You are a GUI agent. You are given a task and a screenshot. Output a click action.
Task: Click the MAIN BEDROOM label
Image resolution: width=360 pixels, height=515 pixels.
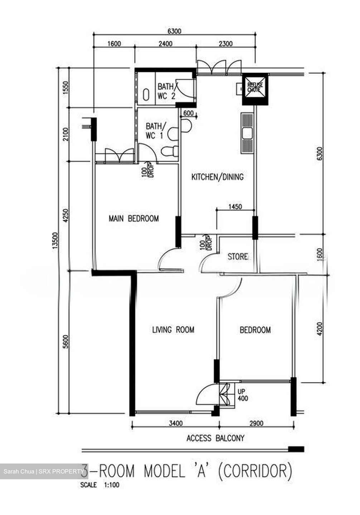[x=133, y=219]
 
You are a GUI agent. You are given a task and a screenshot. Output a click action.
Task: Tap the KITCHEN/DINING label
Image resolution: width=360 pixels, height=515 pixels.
[x=217, y=177]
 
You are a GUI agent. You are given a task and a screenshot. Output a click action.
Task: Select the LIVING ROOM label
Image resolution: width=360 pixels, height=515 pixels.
[x=173, y=330]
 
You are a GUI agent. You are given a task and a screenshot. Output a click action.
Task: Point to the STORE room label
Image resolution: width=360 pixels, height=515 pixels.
[x=238, y=256]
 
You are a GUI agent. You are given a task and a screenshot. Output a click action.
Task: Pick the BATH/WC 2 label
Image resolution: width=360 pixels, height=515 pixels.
[x=166, y=91]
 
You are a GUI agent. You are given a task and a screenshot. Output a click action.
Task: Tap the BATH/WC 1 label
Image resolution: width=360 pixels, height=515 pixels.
[x=156, y=131]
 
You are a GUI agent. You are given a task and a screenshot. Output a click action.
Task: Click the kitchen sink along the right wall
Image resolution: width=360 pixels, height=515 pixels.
[x=247, y=133]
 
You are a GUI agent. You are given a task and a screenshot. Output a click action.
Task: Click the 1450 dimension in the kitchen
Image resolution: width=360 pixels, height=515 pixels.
[x=235, y=207]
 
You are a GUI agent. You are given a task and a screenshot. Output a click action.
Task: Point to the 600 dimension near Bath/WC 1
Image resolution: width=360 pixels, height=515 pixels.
[x=188, y=113]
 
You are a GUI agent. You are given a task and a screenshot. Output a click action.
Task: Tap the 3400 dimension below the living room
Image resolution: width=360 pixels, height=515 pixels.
[x=175, y=423]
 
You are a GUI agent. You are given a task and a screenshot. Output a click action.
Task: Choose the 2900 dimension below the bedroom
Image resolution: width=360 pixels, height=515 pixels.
[x=256, y=423]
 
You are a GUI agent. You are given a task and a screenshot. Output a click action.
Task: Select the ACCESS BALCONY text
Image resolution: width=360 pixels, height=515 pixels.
[x=215, y=438]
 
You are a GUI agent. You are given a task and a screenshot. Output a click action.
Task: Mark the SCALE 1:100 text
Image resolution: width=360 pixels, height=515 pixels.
[x=100, y=485]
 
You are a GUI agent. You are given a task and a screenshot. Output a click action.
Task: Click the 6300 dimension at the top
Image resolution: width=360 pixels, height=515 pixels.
[x=174, y=31]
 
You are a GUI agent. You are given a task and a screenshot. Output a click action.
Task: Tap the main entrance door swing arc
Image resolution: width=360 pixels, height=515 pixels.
[x=206, y=394]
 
